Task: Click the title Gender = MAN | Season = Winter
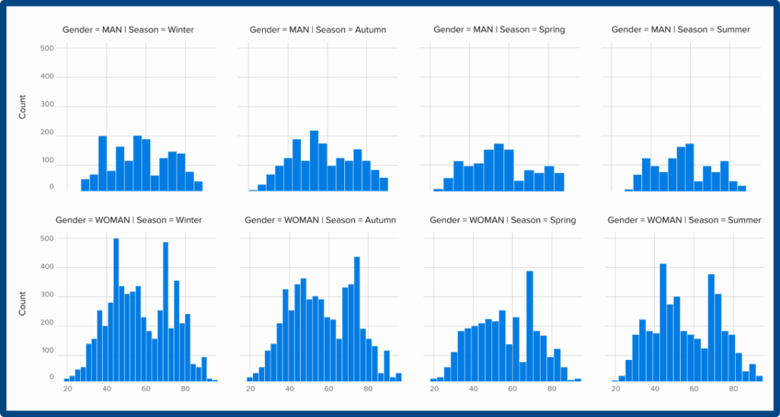point(128,30)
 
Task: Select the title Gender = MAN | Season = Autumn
point(318,30)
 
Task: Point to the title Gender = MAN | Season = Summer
point(681,30)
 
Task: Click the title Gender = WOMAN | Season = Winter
point(129,220)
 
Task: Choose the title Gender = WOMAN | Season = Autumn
point(320,220)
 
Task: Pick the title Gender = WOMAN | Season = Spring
point(503,220)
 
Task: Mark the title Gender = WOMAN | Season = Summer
point(684,220)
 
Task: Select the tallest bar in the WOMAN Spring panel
point(529,326)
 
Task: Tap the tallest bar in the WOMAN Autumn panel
point(356,319)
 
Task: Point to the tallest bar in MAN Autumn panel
point(314,161)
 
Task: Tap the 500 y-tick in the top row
point(46,49)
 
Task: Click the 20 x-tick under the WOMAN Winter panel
point(67,389)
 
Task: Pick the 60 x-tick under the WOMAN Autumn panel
point(328,389)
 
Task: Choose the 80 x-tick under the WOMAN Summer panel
point(734,389)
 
